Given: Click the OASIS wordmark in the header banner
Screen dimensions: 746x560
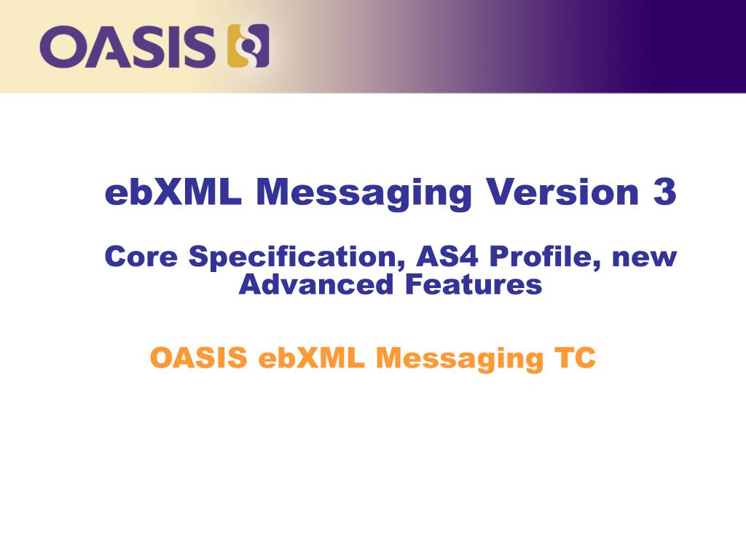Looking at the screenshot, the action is point(127,47).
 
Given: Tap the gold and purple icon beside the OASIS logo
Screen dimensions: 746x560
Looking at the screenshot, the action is point(248,46).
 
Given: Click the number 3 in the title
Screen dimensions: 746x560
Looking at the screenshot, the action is point(664,192).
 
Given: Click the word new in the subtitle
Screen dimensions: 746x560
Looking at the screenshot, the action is point(644,259).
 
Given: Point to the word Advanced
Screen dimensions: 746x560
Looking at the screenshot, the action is point(316,284).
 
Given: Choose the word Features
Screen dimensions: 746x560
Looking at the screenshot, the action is point(474,284).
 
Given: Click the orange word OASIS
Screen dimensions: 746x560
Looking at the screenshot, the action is point(199,357).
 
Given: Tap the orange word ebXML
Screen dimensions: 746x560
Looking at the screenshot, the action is point(312,357).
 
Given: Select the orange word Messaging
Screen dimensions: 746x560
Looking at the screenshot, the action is point(460,359).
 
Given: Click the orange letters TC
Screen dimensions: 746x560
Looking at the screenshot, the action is point(575,357).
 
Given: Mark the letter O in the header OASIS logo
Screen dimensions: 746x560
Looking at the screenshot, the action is point(62,47).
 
